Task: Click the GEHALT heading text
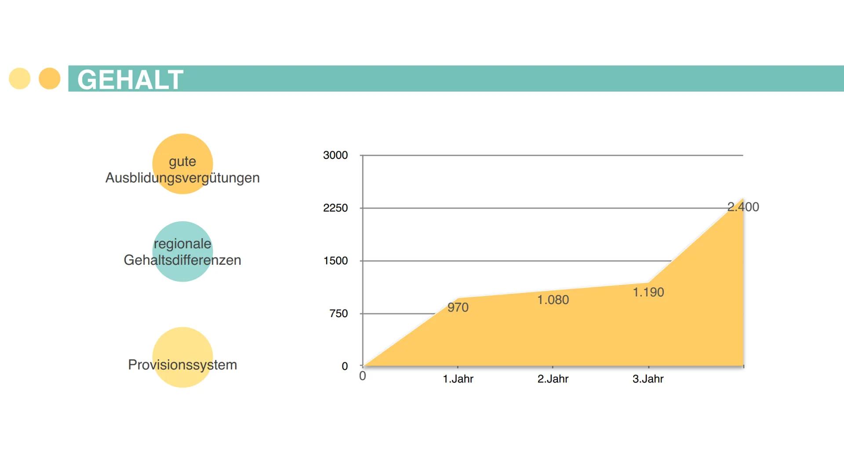[x=130, y=80]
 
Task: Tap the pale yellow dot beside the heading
[x=20, y=79]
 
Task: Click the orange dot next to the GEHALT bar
[x=50, y=79]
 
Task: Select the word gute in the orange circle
[x=182, y=161]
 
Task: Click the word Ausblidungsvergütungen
[x=182, y=178]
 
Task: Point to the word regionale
[x=182, y=244]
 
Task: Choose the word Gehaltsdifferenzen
[x=182, y=260]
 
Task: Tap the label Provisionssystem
[x=182, y=365]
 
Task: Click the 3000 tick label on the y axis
[x=335, y=155]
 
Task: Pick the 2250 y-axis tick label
[x=335, y=208]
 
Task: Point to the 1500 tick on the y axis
[x=335, y=261]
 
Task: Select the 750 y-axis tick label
[x=338, y=314]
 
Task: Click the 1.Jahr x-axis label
[x=458, y=379]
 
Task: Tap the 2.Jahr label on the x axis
[x=553, y=379]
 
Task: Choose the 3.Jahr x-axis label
[x=648, y=379]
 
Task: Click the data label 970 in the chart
[x=458, y=307]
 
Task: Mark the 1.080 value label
[x=553, y=300]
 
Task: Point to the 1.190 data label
[x=648, y=292]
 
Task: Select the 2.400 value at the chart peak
[x=743, y=207]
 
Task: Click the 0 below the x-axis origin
[x=363, y=376]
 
